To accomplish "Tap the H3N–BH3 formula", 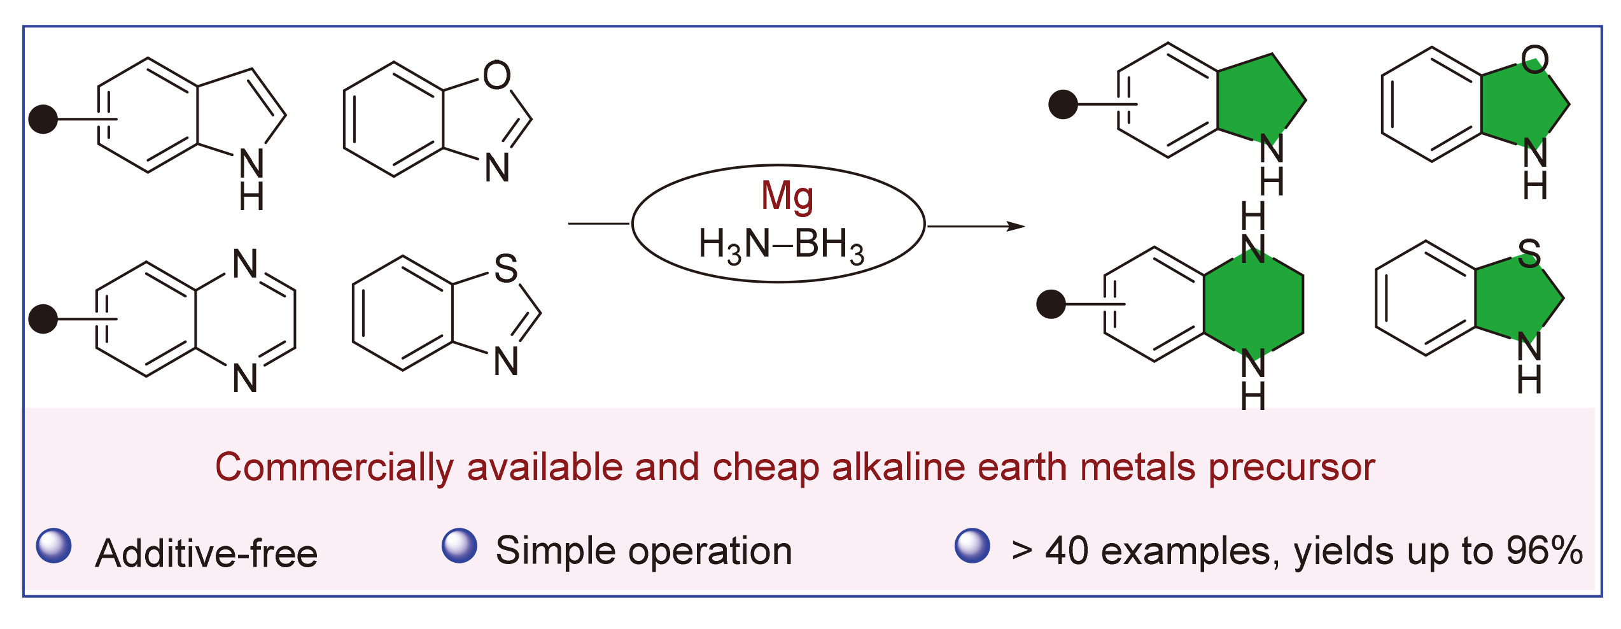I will click(x=781, y=245).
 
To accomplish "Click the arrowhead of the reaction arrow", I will click(x=1017, y=226).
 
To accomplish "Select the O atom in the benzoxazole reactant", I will click(x=496, y=75).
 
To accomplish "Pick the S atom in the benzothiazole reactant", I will click(x=506, y=268).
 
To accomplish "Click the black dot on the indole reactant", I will click(x=43, y=119).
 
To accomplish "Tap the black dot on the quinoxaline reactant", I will click(x=43, y=318).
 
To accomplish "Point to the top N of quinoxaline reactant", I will click(x=245, y=264).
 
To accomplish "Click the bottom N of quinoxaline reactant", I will click(x=245, y=378).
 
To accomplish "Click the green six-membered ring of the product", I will click(x=1253, y=304).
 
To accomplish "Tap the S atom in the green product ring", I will click(x=1529, y=253).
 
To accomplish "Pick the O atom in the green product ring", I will click(x=1534, y=59).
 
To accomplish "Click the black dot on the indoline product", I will click(x=1063, y=104).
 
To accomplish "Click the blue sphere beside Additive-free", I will click(x=54, y=546).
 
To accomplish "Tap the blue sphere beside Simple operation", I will click(x=460, y=546).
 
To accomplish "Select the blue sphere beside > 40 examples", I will click(x=972, y=546).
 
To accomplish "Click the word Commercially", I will click(x=334, y=467).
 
